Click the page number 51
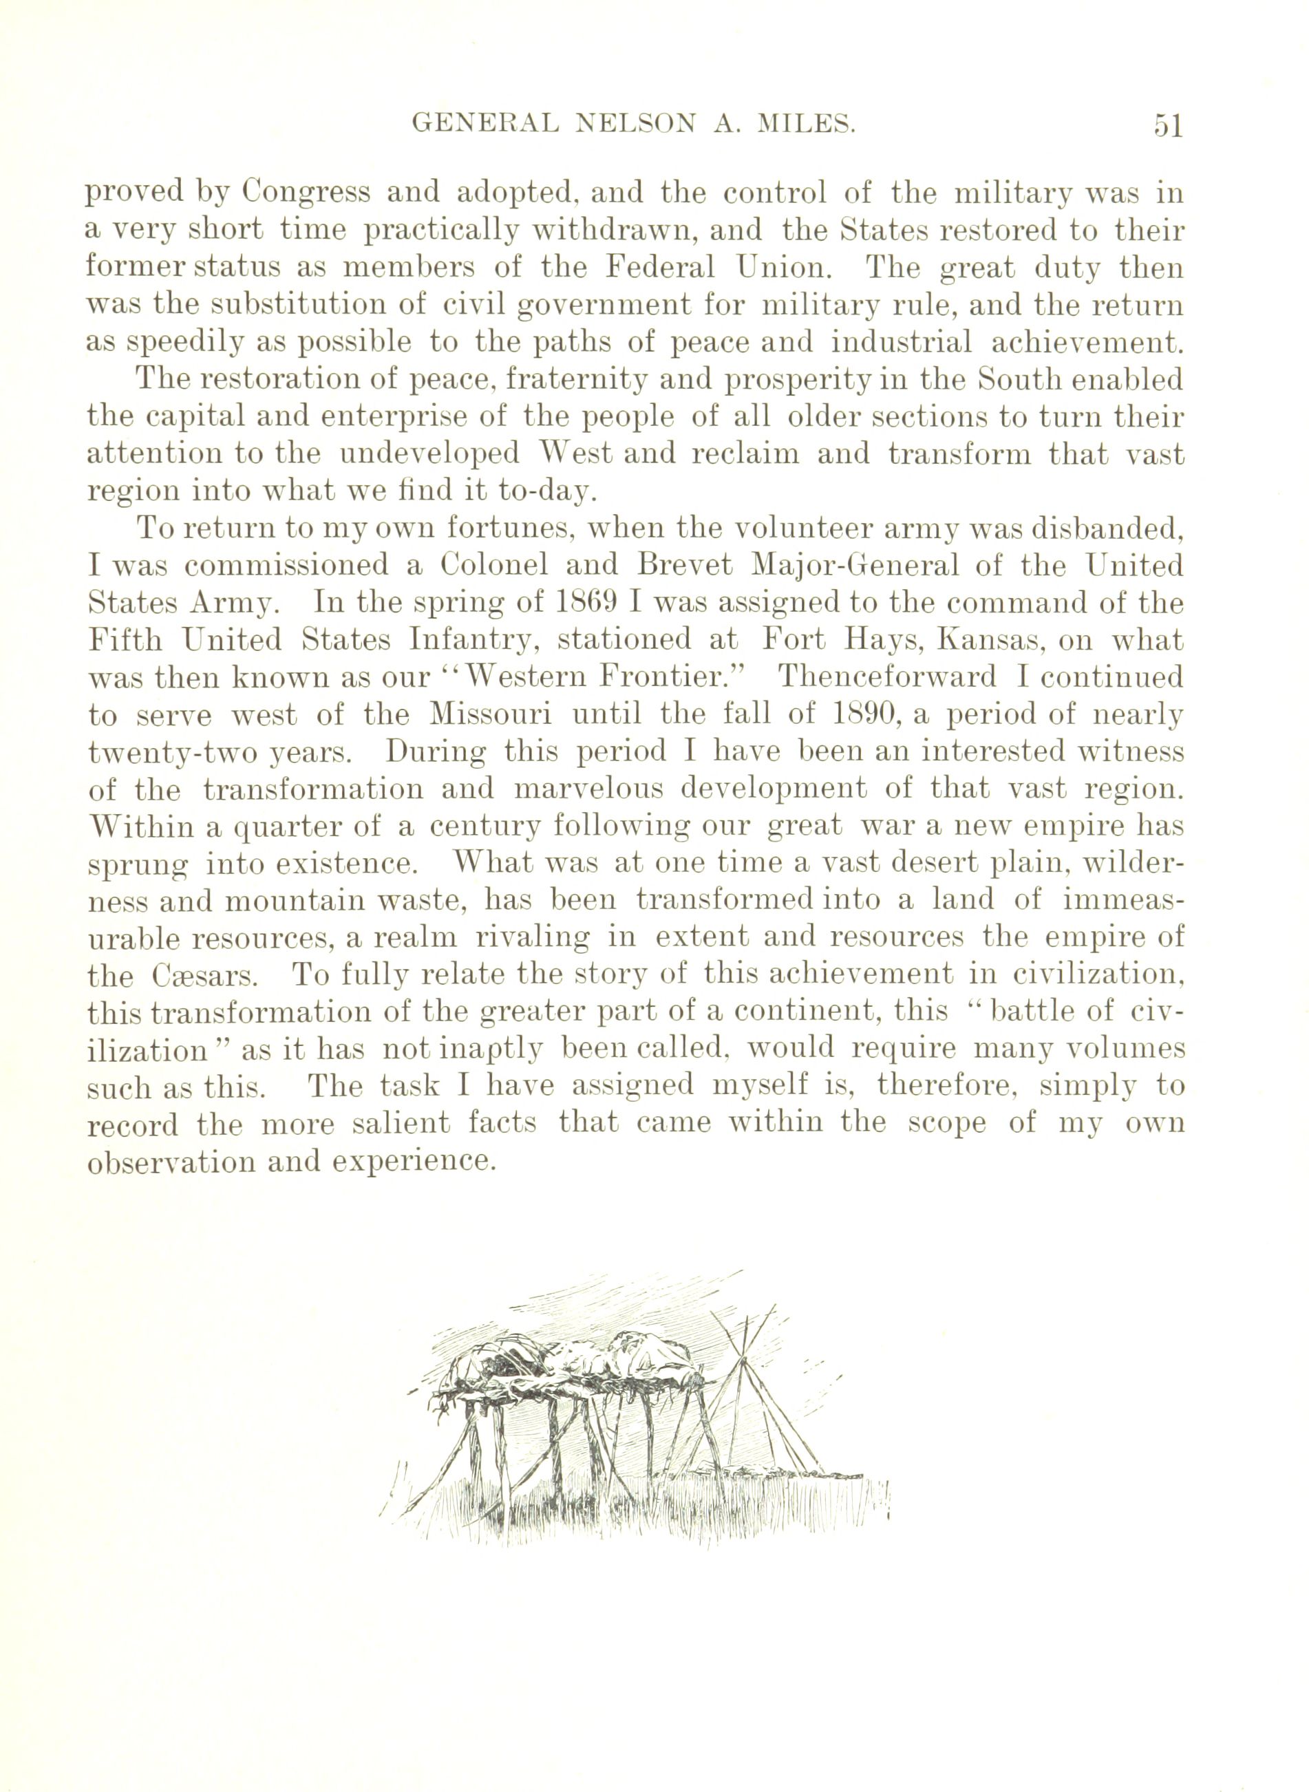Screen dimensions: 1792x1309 1167,126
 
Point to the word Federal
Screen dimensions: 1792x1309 660,268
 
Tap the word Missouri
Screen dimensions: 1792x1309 491,716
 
